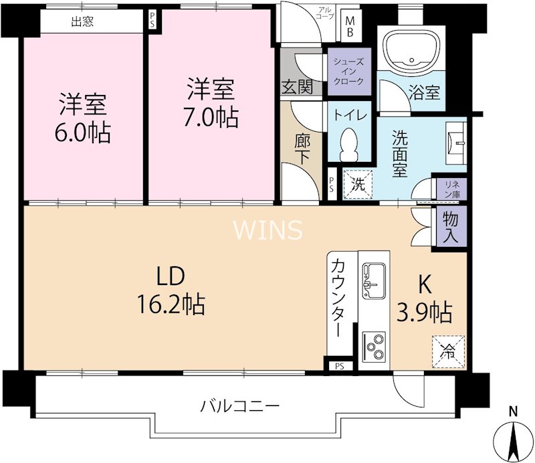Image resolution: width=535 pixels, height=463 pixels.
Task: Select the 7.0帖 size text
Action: click(x=211, y=117)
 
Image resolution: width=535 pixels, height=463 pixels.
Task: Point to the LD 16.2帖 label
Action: click(x=172, y=291)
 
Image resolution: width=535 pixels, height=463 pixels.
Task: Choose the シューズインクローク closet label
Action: click(x=348, y=71)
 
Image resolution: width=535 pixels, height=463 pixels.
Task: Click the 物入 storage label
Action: click(x=451, y=227)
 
